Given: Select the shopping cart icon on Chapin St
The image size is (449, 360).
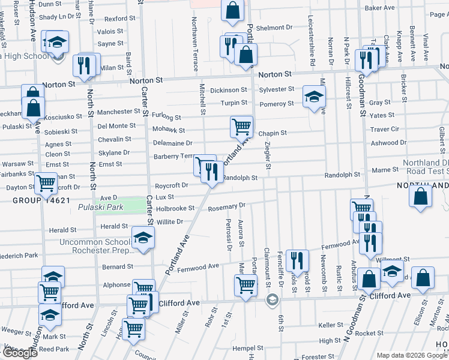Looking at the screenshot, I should point(241,127).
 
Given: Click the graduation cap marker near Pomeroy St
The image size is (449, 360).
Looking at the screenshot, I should point(314,97).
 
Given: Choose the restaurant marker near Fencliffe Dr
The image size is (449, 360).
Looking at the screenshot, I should point(297,260).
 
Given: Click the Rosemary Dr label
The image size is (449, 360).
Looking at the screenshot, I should point(227,206).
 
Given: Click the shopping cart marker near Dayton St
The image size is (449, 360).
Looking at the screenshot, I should point(46,183).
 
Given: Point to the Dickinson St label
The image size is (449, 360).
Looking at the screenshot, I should point(228,90).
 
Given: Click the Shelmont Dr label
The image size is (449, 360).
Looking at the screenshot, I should point(274,28).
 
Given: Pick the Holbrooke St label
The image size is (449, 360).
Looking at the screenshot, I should point(175,209).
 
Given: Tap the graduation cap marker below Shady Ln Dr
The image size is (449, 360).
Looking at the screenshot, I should point(58,43).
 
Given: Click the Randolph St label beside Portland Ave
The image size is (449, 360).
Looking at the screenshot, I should point(240,178).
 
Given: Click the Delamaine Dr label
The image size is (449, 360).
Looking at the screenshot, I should point(172,143).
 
